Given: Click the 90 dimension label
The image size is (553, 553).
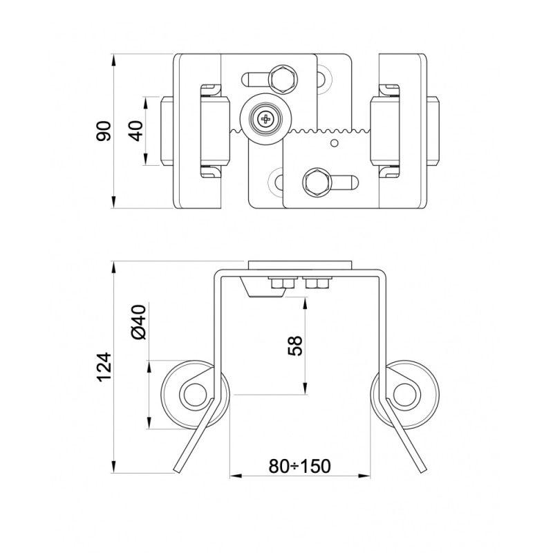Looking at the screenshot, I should [x=104, y=131].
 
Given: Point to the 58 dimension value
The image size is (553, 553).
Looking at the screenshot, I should [x=294, y=346].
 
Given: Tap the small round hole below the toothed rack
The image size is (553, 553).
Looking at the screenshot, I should [x=335, y=144].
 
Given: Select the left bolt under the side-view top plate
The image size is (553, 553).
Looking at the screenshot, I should [x=280, y=283].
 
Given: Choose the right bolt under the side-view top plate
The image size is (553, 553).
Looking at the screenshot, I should [x=319, y=283].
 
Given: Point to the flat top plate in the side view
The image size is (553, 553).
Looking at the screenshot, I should [x=301, y=265].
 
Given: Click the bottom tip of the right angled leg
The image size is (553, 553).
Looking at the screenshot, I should [x=422, y=469].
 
